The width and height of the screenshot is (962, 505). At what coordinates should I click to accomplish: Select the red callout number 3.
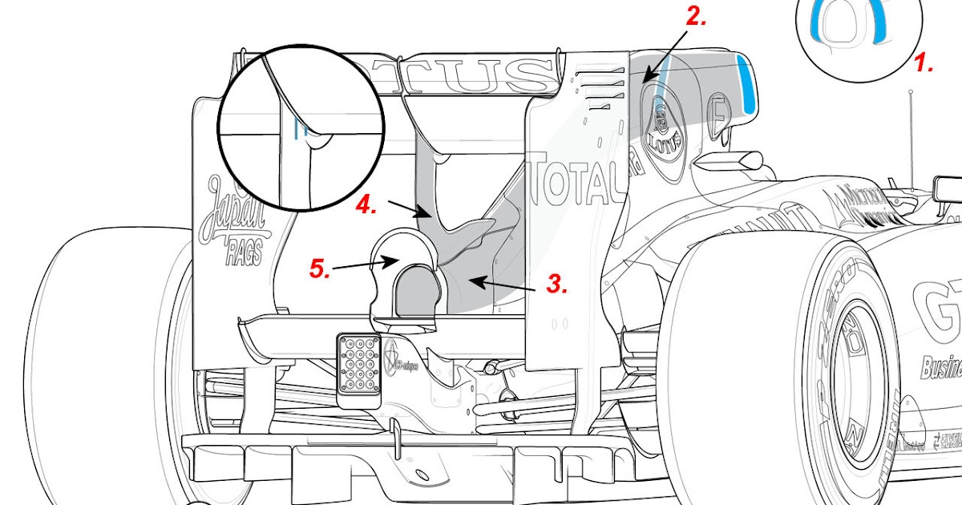point(558,283)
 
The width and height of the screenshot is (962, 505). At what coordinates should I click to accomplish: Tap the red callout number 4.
point(366,204)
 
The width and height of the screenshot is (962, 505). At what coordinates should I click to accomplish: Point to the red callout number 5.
point(321,269)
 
